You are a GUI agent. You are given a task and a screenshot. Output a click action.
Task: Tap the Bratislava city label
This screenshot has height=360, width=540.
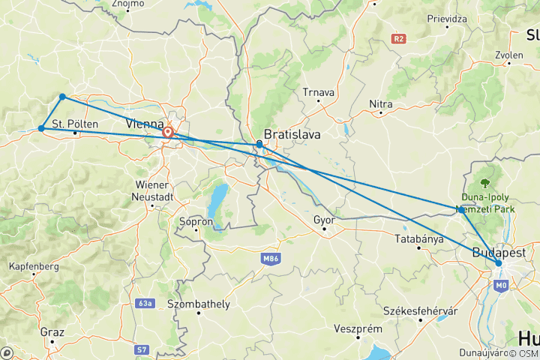pyautogui.click(x=292, y=135)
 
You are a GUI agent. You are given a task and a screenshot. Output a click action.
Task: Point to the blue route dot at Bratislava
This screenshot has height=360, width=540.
pyautogui.click(x=259, y=143)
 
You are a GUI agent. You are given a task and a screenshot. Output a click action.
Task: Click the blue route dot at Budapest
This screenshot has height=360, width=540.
pyautogui.click(x=498, y=262)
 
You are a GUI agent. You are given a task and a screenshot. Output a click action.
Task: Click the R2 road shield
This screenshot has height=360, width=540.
pyautogui.click(x=397, y=37)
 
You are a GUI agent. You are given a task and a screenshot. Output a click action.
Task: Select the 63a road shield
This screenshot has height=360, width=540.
pyautogui.click(x=145, y=304)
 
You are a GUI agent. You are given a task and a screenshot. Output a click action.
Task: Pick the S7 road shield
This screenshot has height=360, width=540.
pyautogui.click(x=142, y=349)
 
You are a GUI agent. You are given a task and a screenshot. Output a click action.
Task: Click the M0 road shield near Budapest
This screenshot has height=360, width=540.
pyautogui.click(x=501, y=284)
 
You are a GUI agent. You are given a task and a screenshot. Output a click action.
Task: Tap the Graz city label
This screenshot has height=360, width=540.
pyautogui.click(x=53, y=331)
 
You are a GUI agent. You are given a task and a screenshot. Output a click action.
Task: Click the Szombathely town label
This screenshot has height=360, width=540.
pyautogui.click(x=199, y=304)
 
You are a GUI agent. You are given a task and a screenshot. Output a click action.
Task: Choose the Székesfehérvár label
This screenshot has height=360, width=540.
pyautogui.click(x=420, y=310)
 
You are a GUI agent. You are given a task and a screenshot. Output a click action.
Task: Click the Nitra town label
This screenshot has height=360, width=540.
pyautogui.click(x=382, y=103)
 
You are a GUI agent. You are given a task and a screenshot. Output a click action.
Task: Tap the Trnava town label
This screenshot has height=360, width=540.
pyautogui.click(x=318, y=92)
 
